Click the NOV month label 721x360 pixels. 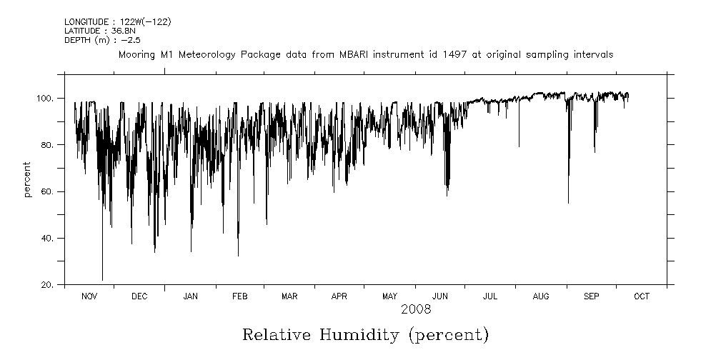[89, 296]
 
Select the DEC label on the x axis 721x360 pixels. [139, 296]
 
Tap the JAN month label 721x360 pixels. [190, 296]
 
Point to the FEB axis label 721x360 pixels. [240, 296]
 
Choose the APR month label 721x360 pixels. [339, 296]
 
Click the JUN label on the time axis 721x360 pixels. [440, 296]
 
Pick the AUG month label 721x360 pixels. [541, 296]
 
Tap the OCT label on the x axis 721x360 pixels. [641, 296]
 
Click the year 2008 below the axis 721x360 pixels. [415, 310]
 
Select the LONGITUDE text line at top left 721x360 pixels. [118, 22]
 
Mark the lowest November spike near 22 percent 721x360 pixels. [102, 279]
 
